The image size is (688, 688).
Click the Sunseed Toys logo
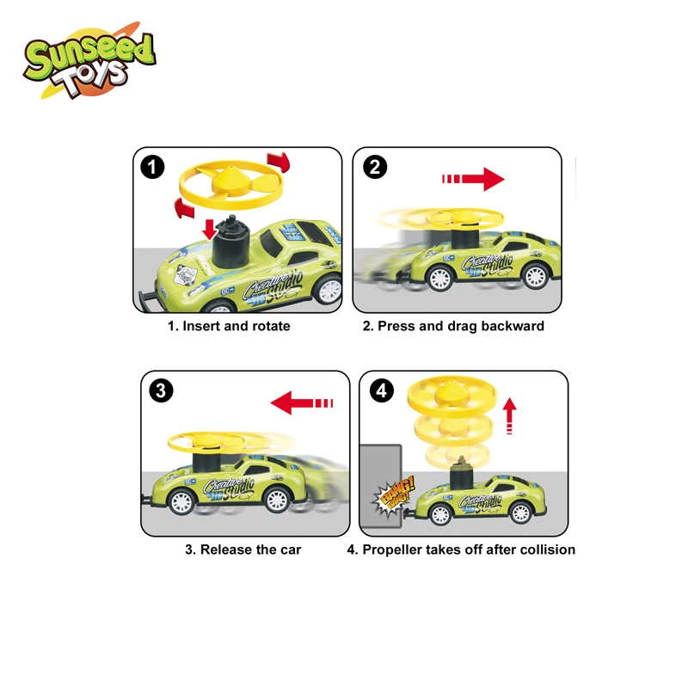tap(89, 60)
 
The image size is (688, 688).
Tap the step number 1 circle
tap(152, 167)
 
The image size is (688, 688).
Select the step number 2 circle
tap(375, 167)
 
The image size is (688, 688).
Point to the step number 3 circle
tap(161, 390)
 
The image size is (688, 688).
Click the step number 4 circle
tap(381, 390)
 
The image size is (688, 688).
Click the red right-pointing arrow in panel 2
tap(473, 179)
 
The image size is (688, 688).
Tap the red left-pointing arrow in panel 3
tap(302, 402)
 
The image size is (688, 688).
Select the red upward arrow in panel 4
tap(509, 415)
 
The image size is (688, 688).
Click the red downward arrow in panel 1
tap(210, 230)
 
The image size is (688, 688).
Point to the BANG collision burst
tap(393, 496)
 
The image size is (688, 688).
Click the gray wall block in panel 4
tap(381, 486)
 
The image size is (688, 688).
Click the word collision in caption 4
tap(549, 550)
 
